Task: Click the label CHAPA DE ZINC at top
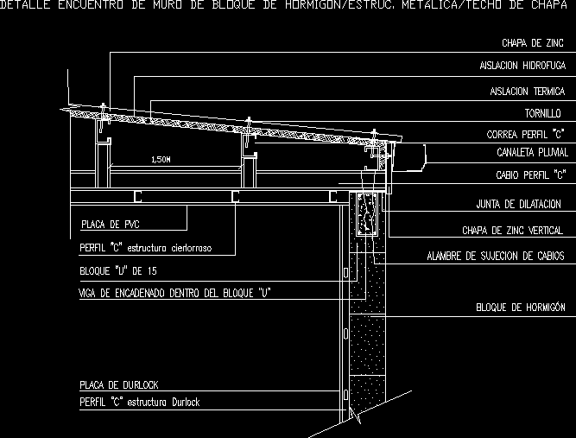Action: [x=533, y=42]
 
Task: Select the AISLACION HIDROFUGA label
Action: [x=523, y=66]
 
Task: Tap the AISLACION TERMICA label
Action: [x=527, y=91]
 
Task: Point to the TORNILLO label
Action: [x=545, y=113]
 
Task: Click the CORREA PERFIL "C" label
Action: [x=525, y=135]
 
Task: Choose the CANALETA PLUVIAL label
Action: [x=532, y=153]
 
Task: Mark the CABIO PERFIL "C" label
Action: [x=530, y=174]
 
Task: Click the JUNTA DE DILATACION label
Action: [x=518, y=205]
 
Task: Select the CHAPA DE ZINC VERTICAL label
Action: [x=512, y=231]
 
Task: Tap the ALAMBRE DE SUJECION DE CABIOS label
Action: [x=495, y=257]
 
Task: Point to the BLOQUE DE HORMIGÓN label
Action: [x=520, y=307]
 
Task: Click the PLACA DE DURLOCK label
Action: [x=118, y=384]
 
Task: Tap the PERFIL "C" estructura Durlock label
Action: [x=139, y=403]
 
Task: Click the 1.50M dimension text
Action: [x=161, y=160]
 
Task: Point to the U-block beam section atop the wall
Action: [x=366, y=215]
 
